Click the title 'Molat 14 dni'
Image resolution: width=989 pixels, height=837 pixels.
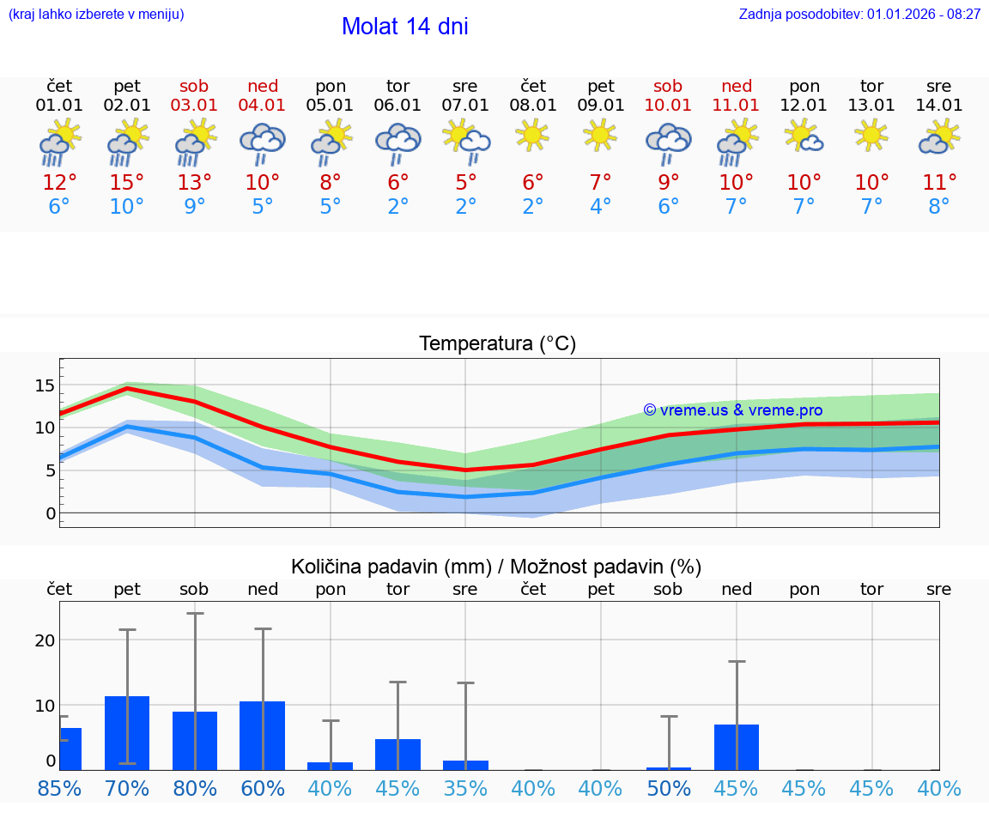click(404, 27)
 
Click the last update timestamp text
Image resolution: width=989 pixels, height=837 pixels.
click(859, 15)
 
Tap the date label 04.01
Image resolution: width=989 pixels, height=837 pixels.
click(263, 106)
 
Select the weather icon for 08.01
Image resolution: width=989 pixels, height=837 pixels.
click(533, 136)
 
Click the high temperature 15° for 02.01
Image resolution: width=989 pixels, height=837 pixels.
click(127, 183)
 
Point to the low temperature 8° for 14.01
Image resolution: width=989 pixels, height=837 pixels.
click(939, 207)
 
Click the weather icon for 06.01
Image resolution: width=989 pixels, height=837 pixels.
click(397, 140)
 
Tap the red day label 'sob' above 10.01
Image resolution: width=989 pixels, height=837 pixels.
click(668, 86)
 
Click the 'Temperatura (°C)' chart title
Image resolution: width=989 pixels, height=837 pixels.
click(497, 344)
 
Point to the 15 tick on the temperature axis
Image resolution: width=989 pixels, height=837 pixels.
click(45, 385)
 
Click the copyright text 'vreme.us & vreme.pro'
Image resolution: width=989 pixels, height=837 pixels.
click(732, 410)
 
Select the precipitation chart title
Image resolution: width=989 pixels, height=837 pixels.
click(496, 567)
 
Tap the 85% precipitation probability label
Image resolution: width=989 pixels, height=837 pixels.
click(59, 789)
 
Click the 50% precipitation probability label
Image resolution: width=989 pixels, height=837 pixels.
click(668, 789)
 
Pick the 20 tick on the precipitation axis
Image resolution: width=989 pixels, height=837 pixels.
click(45, 640)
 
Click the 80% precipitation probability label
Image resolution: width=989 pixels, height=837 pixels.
click(195, 789)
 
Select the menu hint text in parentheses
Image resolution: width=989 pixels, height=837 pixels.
click(96, 15)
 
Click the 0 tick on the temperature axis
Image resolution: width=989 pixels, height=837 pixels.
click(50, 513)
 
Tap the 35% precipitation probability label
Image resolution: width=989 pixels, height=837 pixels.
click(465, 789)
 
